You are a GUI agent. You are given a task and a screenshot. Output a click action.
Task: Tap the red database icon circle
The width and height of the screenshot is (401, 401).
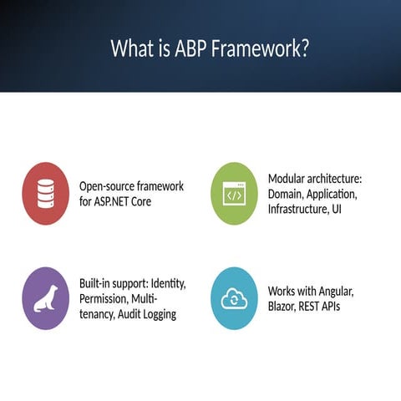(45, 194)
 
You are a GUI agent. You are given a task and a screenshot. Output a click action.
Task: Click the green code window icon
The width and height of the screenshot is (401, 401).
(233, 194)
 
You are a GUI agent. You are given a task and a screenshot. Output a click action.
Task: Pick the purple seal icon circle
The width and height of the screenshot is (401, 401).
(45, 298)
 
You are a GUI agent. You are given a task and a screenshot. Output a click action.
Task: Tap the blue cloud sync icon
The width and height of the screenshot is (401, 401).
(233, 298)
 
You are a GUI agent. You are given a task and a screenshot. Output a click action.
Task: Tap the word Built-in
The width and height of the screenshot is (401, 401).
(98, 283)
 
